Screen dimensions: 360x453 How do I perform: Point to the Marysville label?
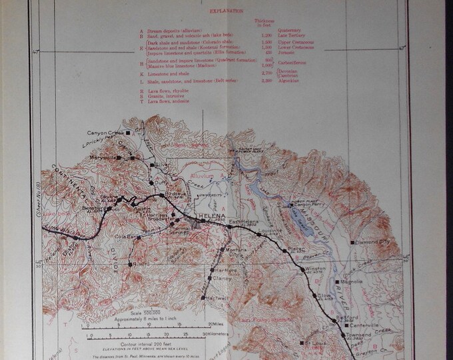[115, 157]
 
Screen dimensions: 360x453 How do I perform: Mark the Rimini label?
[141, 265]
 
